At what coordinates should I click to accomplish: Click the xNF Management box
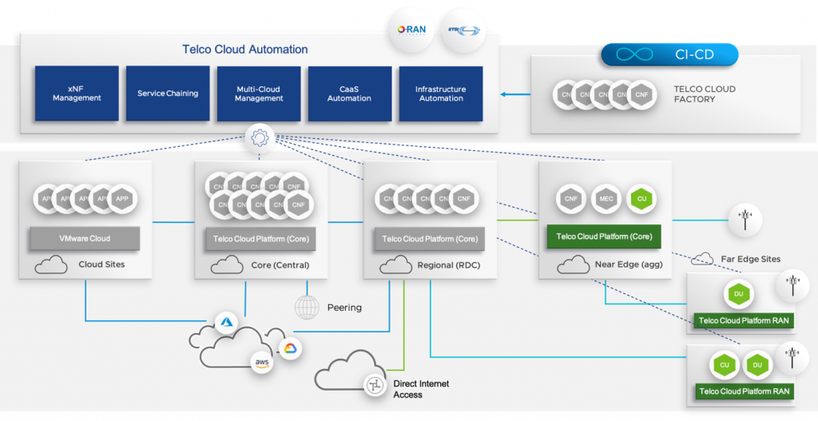77,93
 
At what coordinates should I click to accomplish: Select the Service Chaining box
168,93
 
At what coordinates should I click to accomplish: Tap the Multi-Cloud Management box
259,93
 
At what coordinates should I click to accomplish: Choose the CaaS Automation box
349,93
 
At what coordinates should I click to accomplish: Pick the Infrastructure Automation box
441,93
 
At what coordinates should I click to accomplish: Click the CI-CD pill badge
669,54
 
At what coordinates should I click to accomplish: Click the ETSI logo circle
463,30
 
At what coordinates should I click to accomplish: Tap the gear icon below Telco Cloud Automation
259,138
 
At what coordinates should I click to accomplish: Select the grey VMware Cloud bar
84,238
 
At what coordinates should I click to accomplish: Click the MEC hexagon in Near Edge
605,199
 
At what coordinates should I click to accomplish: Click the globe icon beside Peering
307,307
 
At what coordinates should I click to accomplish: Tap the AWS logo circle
262,363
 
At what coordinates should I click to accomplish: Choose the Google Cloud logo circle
289,348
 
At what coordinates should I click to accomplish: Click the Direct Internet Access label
421,389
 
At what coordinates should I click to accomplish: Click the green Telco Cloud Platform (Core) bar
604,236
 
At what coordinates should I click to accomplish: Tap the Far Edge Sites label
748,260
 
